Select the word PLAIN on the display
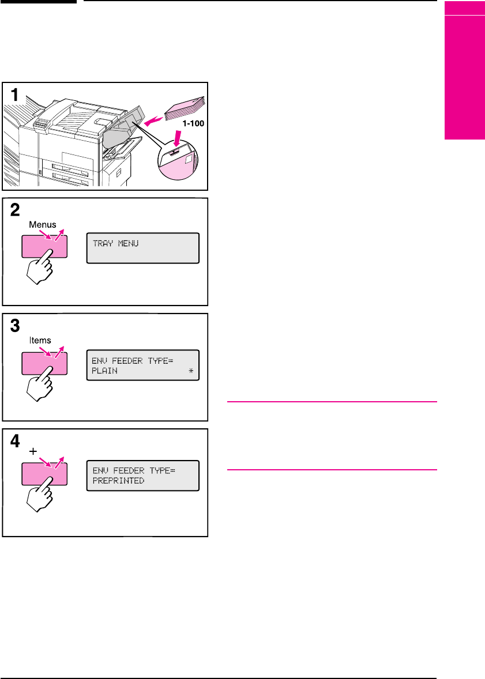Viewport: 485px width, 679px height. (x=104, y=371)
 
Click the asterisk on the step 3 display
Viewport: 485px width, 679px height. (x=191, y=371)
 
